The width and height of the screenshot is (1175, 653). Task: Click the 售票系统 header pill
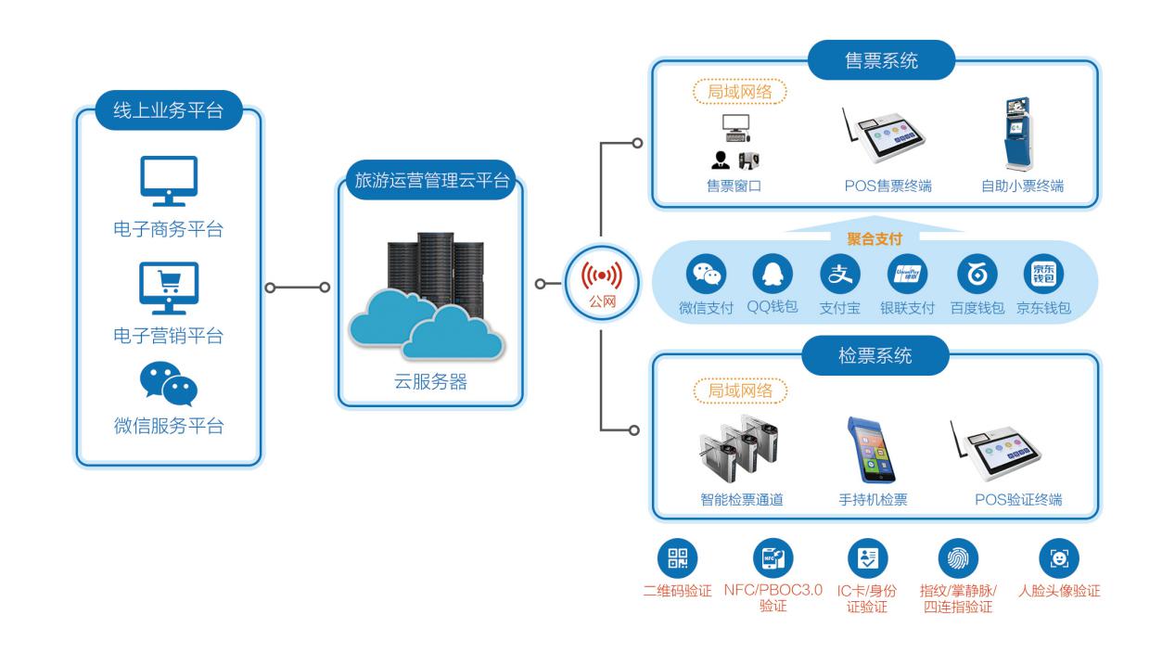(868, 62)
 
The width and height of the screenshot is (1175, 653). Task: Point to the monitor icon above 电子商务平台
(168, 180)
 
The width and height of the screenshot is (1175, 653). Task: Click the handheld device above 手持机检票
(864, 450)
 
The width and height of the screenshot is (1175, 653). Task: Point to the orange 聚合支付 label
(874, 238)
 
